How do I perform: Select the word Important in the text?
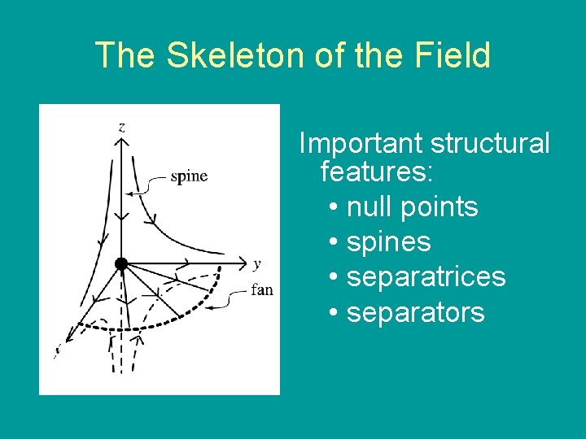pos(361,143)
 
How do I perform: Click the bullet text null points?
pos(412,206)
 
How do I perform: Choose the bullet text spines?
pos(388,242)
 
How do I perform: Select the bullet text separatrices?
pos(426,277)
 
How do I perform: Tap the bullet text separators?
pos(415,312)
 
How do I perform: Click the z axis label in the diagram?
pos(121,127)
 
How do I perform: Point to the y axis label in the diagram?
pos(256,263)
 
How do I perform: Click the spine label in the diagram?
pos(189,176)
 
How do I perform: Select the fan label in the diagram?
pos(262,289)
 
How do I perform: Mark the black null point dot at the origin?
pos(121,263)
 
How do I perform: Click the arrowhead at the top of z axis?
pos(121,142)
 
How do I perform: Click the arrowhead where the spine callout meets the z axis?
pos(128,193)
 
